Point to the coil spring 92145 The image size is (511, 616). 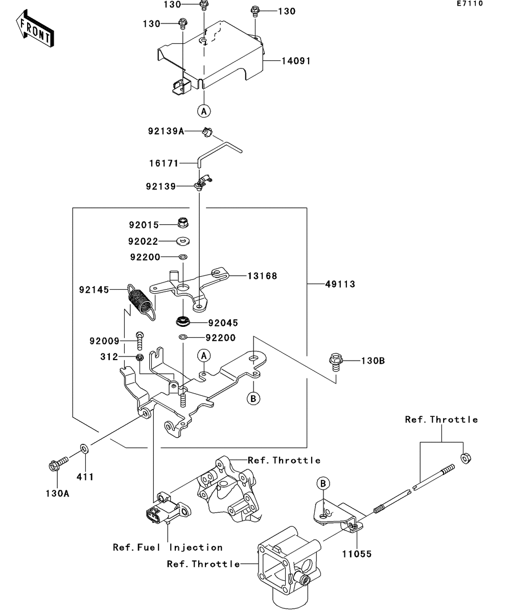pos(141,302)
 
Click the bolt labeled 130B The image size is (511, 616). pos(336,361)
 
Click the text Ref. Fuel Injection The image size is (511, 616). pos(168,548)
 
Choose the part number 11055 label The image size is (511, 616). pos(357,554)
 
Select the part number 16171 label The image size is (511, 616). pos(164,163)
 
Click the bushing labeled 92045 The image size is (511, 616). pos(182,322)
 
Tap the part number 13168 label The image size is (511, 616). pos(262,276)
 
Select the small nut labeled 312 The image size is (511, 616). pos(139,357)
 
